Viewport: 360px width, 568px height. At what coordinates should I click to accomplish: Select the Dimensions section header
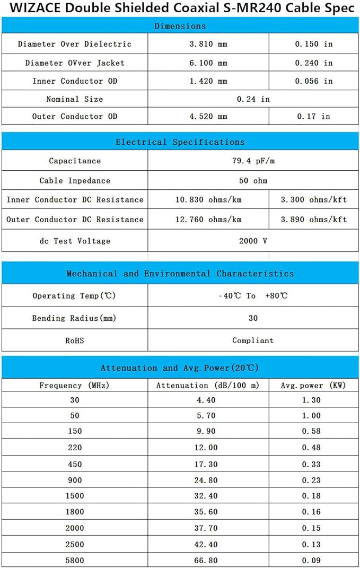coord(180,26)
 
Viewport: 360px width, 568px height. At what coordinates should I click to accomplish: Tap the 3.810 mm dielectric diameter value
coord(208,44)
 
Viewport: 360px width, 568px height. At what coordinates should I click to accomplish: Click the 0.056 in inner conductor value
coord(313,81)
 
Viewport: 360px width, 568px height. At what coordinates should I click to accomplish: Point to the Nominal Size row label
coord(74,99)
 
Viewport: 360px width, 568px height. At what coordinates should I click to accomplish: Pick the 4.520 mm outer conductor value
coord(208,116)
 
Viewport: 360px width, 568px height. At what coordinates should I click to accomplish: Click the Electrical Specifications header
coord(180,142)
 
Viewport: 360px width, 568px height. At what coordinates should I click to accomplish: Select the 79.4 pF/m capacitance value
coord(253,161)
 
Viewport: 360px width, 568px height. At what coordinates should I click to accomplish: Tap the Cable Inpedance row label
coord(75,180)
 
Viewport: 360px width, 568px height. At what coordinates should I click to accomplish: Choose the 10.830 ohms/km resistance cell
coord(208,200)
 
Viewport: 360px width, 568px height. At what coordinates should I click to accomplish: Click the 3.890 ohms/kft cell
coord(313,220)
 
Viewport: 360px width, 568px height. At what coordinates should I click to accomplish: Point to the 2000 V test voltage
coord(253,241)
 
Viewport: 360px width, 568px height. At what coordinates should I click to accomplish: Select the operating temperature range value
coord(253,295)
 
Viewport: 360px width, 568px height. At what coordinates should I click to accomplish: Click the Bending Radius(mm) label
coord(74,318)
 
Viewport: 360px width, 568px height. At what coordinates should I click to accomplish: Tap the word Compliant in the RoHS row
coord(253,340)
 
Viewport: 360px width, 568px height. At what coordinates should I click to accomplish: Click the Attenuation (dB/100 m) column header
coord(208,386)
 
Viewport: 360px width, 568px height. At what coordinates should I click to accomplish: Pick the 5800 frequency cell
coord(74,560)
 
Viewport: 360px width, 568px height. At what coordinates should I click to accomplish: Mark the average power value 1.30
coord(311,400)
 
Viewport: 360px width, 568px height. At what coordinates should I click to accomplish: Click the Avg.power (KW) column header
coord(313,386)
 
